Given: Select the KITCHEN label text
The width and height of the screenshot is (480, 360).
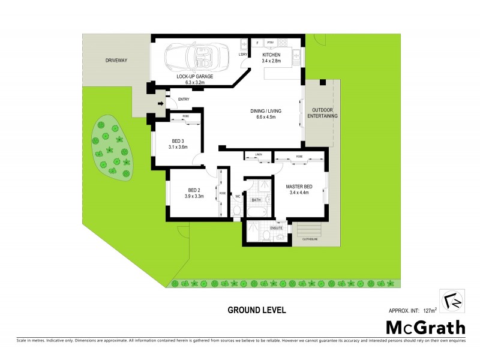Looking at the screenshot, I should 271,55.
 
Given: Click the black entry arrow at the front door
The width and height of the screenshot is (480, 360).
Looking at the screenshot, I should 161,104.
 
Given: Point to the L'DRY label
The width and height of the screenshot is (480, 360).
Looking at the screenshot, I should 243,55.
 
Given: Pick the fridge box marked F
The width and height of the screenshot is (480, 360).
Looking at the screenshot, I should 257,43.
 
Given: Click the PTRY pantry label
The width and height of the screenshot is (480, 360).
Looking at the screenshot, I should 271,43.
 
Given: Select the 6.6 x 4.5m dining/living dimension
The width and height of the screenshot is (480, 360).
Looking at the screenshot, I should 266,118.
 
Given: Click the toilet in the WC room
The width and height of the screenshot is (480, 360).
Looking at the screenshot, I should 236,211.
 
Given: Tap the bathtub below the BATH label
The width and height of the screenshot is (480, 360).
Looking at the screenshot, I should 257,212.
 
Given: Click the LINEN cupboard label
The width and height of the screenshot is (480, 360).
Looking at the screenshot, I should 259,155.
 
